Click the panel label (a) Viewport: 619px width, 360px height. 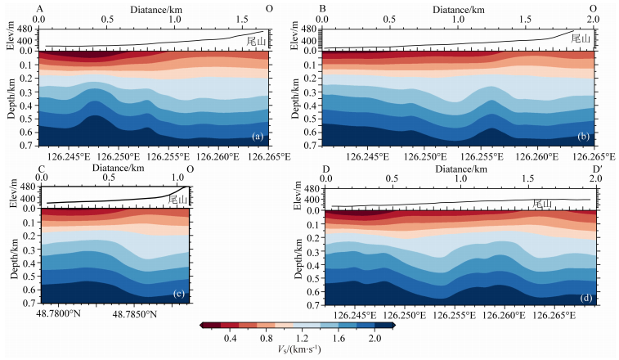tap(257, 136)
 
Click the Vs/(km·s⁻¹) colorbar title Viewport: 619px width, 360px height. tap(298, 352)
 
